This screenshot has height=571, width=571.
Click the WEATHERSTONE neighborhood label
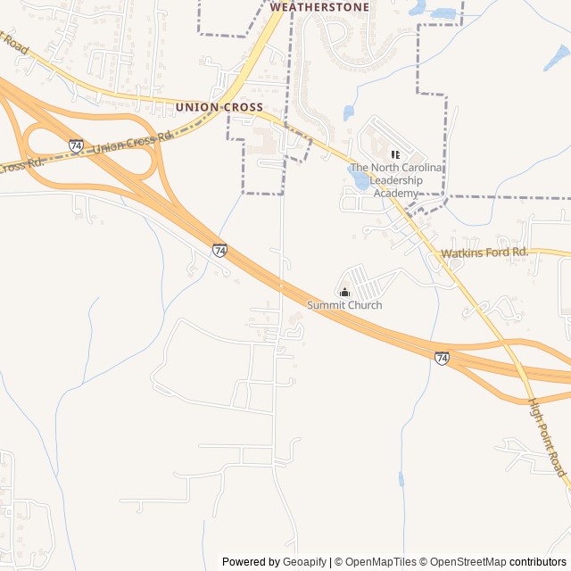click(319, 6)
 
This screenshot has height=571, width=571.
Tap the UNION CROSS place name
click(219, 107)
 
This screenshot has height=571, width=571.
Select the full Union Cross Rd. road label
click(132, 143)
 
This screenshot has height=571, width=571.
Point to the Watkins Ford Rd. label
click(484, 253)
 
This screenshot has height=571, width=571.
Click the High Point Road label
click(548, 436)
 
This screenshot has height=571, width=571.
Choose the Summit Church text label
click(344, 305)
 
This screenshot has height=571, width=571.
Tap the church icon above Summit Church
click(344, 292)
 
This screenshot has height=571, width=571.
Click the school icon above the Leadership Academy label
click(395, 154)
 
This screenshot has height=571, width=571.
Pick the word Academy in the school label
click(395, 194)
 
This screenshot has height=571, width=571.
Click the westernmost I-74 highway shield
click(76, 145)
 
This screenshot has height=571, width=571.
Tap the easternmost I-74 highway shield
click(442, 358)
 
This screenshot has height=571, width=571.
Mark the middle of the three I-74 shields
click(219, 250)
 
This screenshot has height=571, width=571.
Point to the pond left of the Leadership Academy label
click(360, 180)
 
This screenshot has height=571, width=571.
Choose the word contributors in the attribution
click(538, 562)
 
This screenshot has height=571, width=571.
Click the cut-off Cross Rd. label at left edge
click(21, 165)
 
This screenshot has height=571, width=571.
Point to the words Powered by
click(249, 562)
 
